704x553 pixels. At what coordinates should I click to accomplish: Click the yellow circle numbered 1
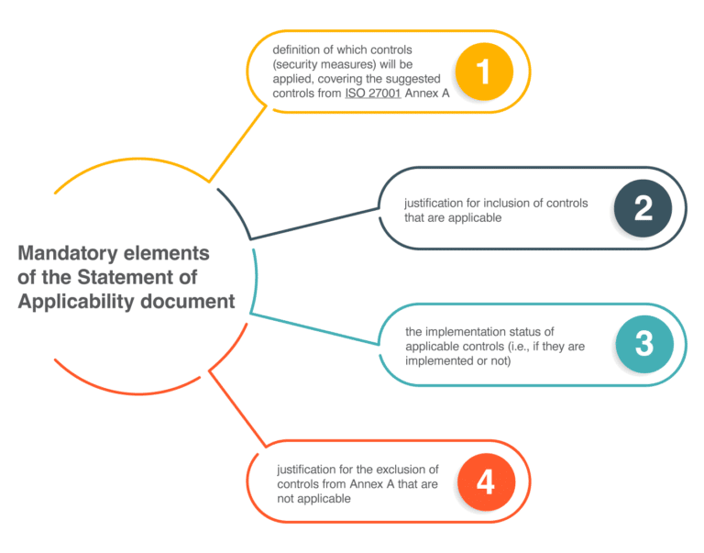(484, 72)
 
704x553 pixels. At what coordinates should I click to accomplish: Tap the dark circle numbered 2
(643, 208)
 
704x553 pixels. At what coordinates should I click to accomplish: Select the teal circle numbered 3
(643, 344)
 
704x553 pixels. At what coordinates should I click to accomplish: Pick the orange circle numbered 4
(485, 481)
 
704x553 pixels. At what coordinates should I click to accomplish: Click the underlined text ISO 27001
(373, 94)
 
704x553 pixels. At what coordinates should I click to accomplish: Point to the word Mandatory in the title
(67, 253)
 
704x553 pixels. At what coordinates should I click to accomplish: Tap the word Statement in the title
(118, 277)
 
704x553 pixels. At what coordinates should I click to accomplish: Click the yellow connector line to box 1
(237, 142)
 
